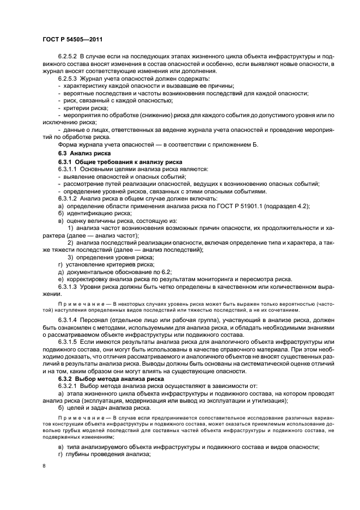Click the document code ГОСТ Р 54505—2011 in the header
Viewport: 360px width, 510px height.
coord(72,39)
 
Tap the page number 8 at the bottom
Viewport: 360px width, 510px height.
coord(44,466)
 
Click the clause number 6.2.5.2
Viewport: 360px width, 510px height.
coord(69,57)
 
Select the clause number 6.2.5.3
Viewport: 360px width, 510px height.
coord(69,79)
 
